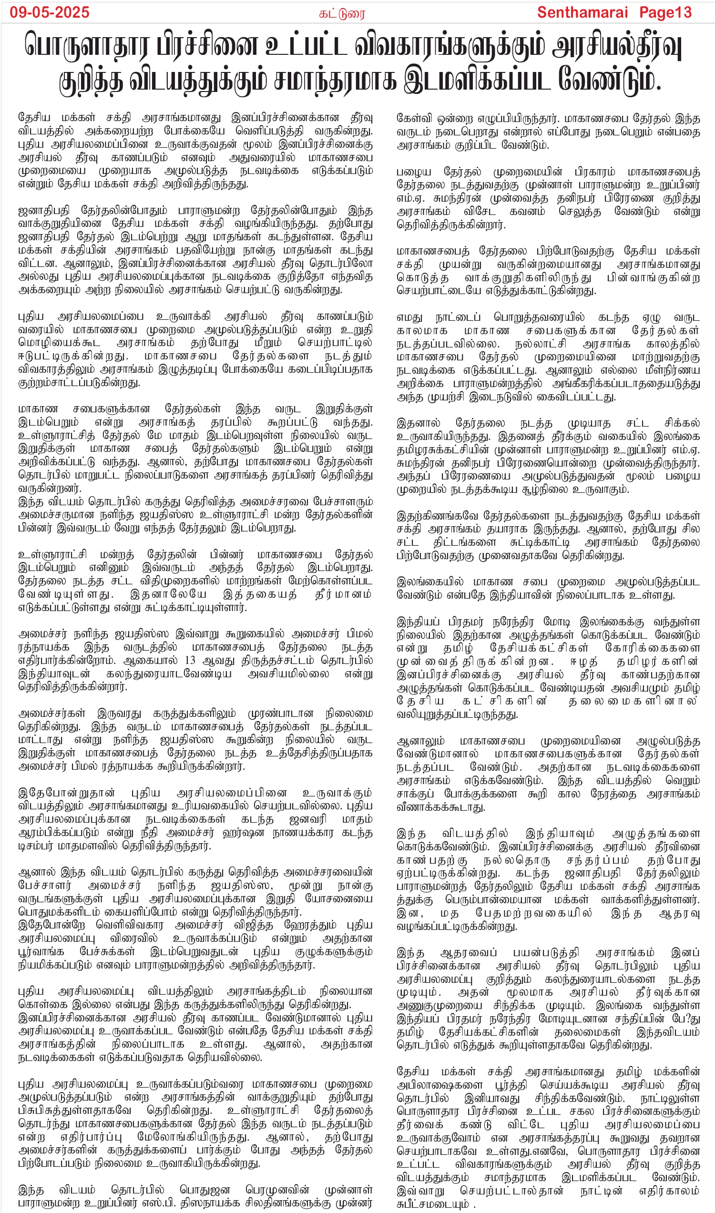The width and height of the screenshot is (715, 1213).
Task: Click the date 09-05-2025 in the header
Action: click(50, 12)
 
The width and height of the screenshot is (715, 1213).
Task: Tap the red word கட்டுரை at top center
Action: click(342, 13)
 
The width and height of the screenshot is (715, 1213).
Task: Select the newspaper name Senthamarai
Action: click(582, 12)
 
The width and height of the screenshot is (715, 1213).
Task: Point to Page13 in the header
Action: click(665, 12)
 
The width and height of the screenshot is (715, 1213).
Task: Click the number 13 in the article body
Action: click(190, 660)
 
